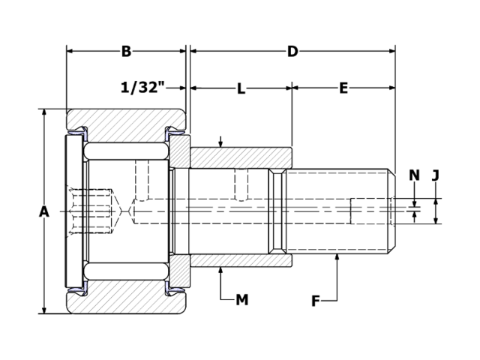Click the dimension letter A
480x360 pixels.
[x=44, y=212]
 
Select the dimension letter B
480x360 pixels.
[x=126, y=51]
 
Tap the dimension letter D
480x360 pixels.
[x=292, y=51]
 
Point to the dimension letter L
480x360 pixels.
[x=241, y=88]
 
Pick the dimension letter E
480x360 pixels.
[x=343, y=88]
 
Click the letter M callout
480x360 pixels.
[x=241, y=300]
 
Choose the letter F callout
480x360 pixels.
[x=316, y=301]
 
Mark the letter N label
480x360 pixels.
[x=415, y=175]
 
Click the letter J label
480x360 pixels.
[x=436, y=175]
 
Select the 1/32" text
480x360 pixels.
[x=142, y=88]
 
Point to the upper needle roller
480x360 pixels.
[x=125, y=151]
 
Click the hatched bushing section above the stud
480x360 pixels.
[x=240, y=157]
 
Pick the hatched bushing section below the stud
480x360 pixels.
[x=240, y=261]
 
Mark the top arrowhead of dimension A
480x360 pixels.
[x=44, y=112]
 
